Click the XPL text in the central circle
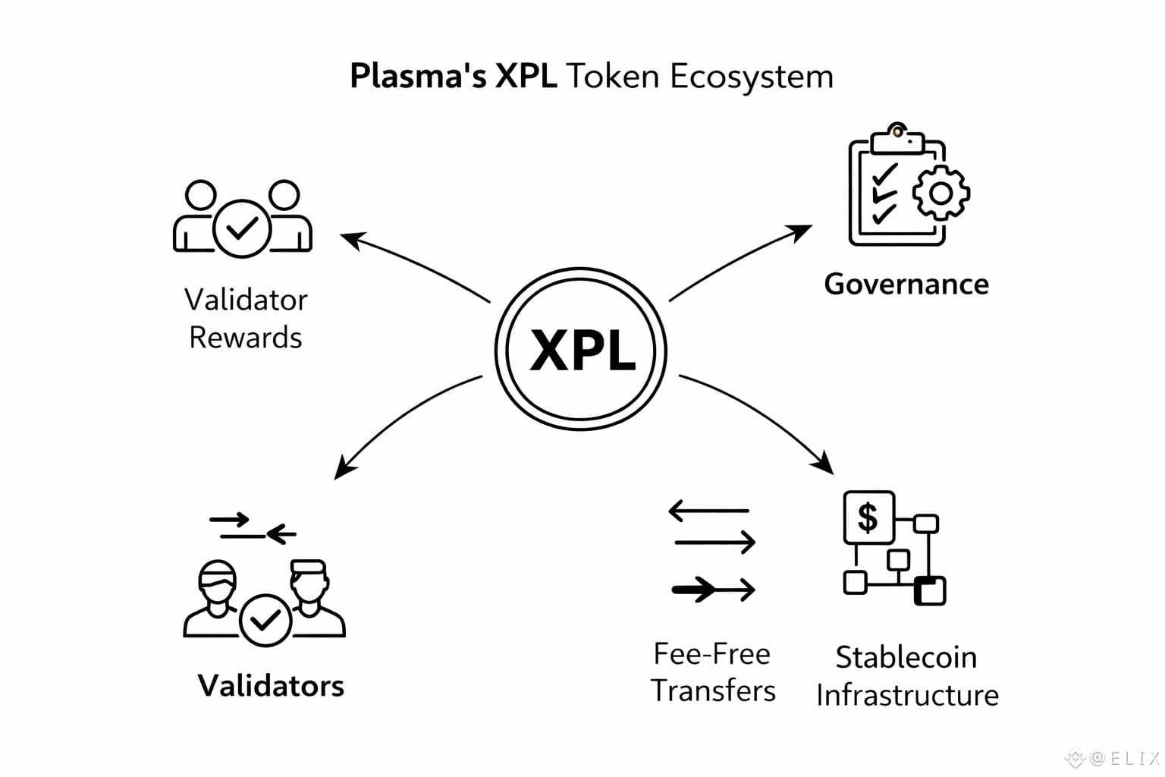(582, 350)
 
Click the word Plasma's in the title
(417, 77)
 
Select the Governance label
(906, 284)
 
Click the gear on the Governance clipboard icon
(940, 193)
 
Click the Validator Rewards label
(246, 318)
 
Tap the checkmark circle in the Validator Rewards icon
(242, 228)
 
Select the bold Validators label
(271, 685)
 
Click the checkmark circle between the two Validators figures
(265, 620)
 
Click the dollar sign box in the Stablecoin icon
(868, 517)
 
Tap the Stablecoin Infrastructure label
(907, 676)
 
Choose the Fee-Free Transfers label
(713, 672)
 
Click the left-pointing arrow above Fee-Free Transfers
(708, 511)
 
